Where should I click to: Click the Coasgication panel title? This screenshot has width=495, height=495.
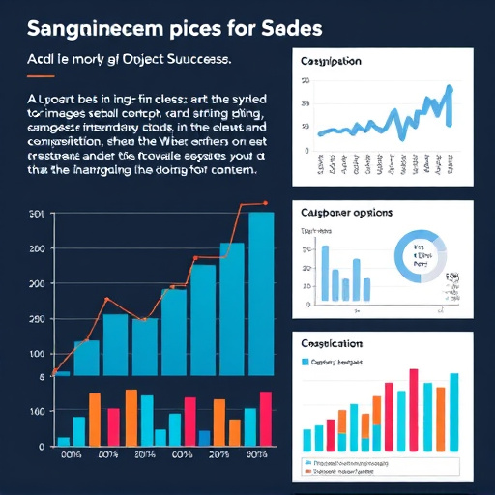tap(332, 343)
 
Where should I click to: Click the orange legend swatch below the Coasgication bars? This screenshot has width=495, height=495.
tap(309, 474)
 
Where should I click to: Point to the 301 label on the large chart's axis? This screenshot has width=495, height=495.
tap(38, 214)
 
